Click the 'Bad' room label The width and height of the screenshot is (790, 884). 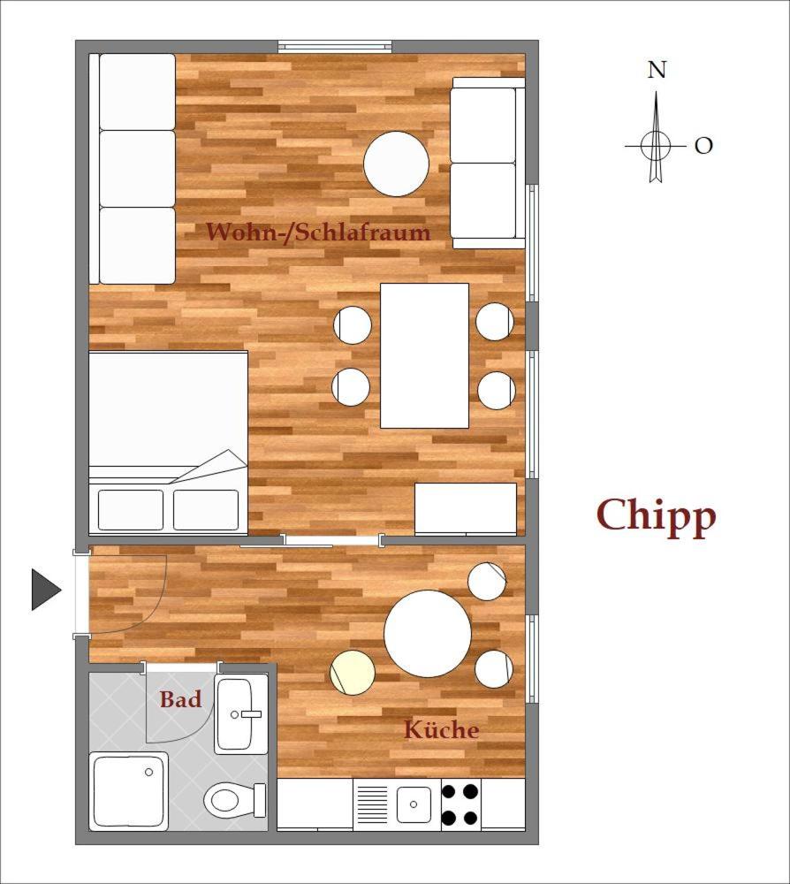[x=180, y=699]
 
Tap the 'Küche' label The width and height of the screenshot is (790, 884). [x=442, y=729]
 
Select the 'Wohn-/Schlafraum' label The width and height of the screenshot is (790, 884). [x=318, y=232]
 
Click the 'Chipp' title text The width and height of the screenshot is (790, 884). [x=656, y=516]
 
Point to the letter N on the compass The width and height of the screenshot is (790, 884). [x=657, y=70]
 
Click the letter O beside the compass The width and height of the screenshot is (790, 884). [x=703, y=146]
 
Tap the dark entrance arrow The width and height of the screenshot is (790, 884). [x=46, y=590]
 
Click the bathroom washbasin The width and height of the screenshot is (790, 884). [x=241, y=715]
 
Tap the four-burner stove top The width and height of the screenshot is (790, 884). [x=461, y=804]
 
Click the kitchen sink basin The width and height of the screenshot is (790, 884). [x=414, y=804]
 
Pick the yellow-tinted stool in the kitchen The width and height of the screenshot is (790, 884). [x=353, y=672]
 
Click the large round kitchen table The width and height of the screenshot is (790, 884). [x=428, y=633]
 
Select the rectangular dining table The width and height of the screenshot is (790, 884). [x=425, y=355]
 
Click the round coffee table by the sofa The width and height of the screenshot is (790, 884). [x=396, y=164]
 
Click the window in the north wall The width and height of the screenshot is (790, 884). [x=335, y=47]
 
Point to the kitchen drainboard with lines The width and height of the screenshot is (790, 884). [x=372, y=804]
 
